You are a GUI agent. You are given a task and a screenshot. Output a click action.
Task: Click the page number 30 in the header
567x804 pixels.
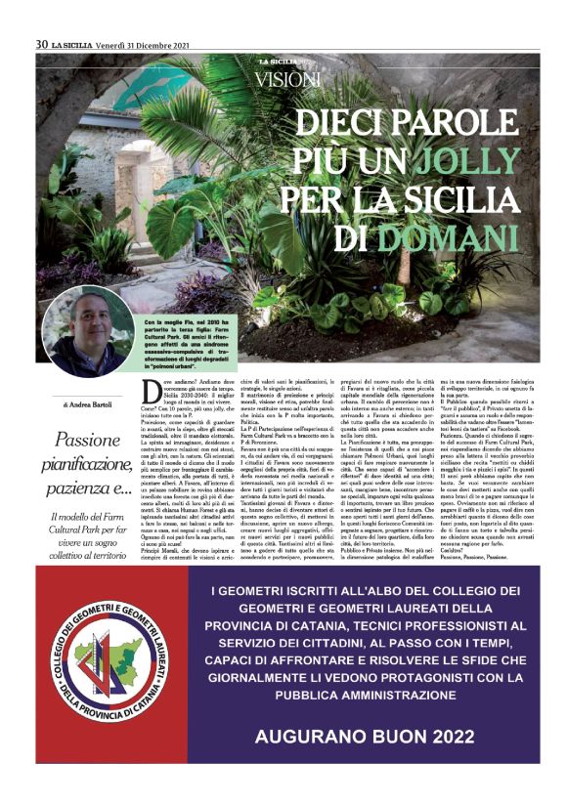42,43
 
